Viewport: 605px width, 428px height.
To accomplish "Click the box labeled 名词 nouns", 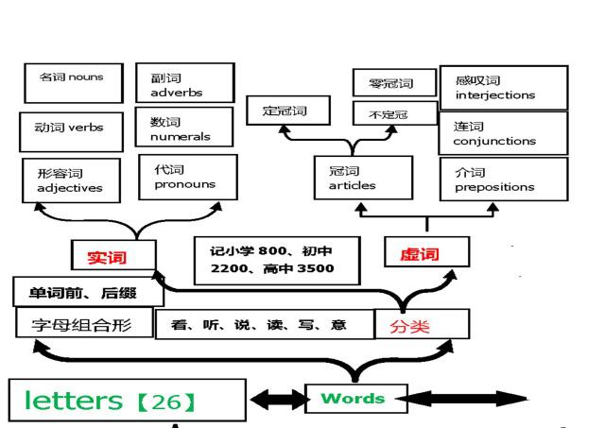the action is pyautogui.click(x=74, y=83).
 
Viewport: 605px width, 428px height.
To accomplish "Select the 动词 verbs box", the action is pyautogui.click(x=72, y=132).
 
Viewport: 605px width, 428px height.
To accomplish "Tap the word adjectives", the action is pyautogui.click(x=70, y=188).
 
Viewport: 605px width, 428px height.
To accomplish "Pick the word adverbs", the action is pyautogui.click(x=177, y=93).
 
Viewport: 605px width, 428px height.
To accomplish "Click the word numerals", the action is pyautogui.click(x=181, y=136).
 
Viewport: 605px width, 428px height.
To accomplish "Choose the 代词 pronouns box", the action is pyautogui.click(x=188, y=178).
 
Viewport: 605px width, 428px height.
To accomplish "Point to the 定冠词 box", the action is pyautogui.click(x=288, y=111).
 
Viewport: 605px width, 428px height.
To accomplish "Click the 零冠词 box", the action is pyautogui.click(x=394, y=82).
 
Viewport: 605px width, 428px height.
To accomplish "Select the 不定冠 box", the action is pyautogui.click(x=395, y=113).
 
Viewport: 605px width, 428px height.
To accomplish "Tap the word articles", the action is pyautogui.click(x=352, y=185).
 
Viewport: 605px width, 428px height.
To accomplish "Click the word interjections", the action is pyautogui.click(x=495, y=94).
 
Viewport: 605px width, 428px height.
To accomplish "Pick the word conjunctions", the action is pyautogui.click(x=494, y=141).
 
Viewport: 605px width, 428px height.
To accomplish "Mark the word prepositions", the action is pyautogui.click(x=494, y=187).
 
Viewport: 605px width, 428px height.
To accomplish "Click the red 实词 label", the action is pyautogui.click(x=107, y=257).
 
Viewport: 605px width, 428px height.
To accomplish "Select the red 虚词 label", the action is pyautogui.click(x=420, y=254).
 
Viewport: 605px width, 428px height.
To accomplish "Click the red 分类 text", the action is pyautogui.click(x=409, y=327).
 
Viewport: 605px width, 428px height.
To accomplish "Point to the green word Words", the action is pyautogui.click(x=353, y=398).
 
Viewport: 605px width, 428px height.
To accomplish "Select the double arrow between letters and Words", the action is pyautogui.click(x=278, y=399).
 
